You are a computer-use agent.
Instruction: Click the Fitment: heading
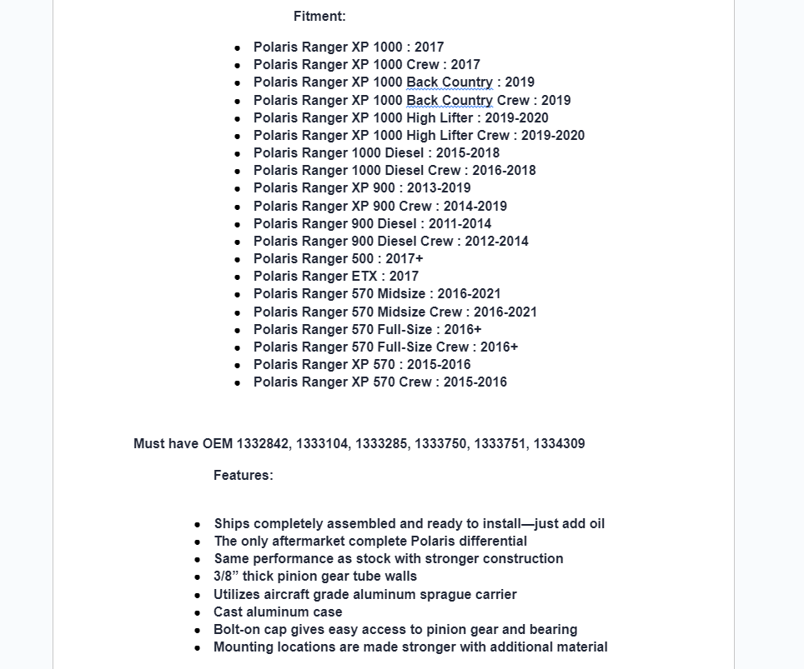tap(319, 16)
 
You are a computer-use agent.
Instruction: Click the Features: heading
tap(243, 475)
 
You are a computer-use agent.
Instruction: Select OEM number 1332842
tap(264, 443)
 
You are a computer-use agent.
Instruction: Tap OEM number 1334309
tap(559, 443)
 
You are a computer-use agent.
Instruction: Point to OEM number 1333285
tap(381, 443)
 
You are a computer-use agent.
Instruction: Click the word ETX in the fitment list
tap(362, 276)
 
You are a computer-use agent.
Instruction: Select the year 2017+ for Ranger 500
tap(405, 258)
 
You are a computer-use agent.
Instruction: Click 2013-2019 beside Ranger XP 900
tap(439, 187)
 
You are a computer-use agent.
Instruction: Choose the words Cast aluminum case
tap(266, 612)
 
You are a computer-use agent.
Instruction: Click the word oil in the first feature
tap(595, 523)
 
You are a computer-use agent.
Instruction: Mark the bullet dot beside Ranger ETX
tap(238, 277)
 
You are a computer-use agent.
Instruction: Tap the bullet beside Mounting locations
tap(198, 647)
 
